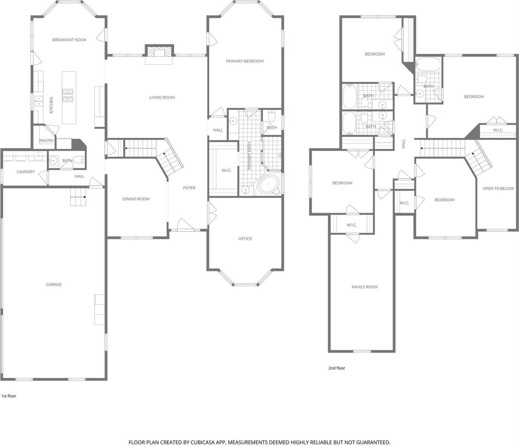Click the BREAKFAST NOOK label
(x=69, y=40)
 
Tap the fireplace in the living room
(x=159, y=51)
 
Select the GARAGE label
(x=54, y=284)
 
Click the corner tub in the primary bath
(x=268, y=184)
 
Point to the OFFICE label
(x=245, y=239)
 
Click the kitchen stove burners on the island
(x=68, y=95)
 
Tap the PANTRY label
(x=47, y=141)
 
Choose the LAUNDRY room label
(x=26, y=172)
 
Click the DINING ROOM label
(x=136, y=199)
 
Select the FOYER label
(x=189, y=188)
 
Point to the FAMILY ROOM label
(x=364, y=287)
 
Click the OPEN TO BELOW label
(x=498, y=188)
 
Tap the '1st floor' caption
(x=9, y=396)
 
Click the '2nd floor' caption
(x=337, y=368)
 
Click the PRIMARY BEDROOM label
(x=245, y=61)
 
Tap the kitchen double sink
(x=39, y=101)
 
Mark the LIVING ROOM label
(x=162, y=97)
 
